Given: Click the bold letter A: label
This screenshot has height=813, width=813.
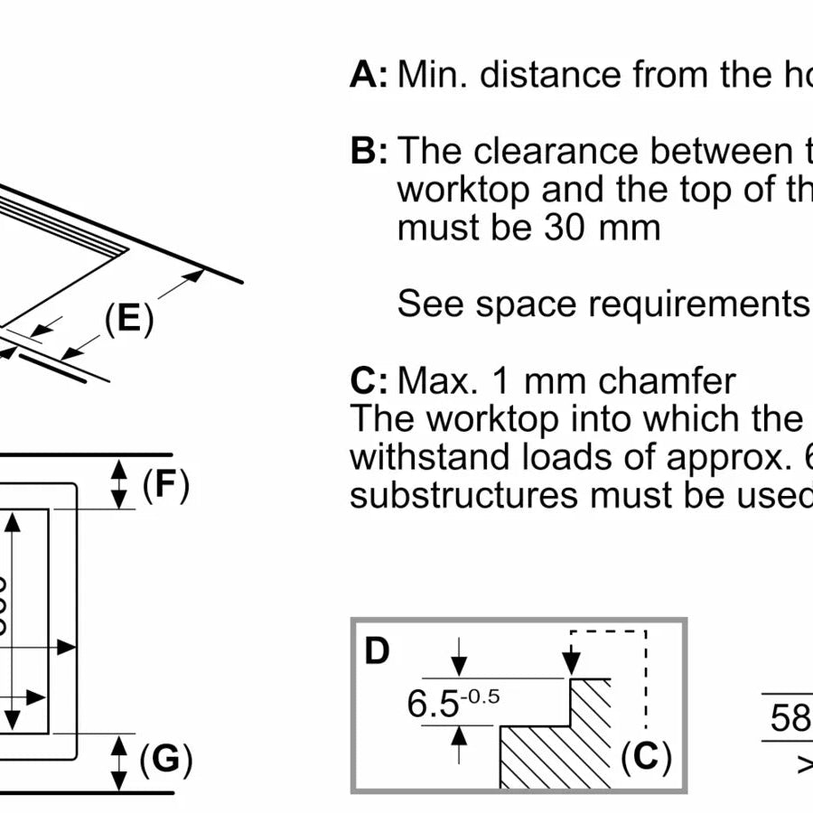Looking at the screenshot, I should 369,75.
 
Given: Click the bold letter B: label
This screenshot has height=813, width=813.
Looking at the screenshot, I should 369,151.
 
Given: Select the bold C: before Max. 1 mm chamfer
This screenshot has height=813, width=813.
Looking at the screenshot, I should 369,381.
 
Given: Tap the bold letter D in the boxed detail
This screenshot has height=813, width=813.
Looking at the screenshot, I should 377,650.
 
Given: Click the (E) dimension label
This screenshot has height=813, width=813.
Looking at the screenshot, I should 127,319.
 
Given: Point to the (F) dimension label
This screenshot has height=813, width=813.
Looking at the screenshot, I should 165,485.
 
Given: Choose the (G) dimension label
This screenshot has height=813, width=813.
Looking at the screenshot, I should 166,761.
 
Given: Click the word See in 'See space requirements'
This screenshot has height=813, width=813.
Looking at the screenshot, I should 431,304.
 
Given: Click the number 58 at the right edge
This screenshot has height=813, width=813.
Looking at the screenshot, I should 791,718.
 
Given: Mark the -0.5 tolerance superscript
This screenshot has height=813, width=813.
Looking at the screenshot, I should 483,696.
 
